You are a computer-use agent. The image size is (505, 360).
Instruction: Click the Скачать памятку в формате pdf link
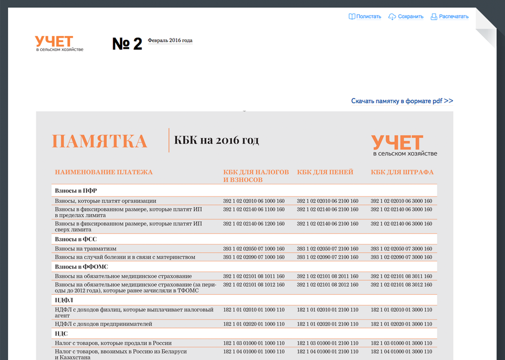pyautogui.click(x=402, y=101)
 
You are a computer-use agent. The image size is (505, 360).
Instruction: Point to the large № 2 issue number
pyautogui.click(x=127, y=44)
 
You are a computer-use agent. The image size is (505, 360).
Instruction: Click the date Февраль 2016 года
pyautogui.click(x=170, y=41)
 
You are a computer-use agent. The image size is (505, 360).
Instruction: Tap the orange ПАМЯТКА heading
pyautogui.click(x=99, y=142)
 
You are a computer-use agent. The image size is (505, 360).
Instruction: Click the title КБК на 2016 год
pyautogui.click(x=217, y=140)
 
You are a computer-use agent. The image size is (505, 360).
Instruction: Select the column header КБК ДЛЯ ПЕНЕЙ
pyautogui.click(x=325, y=173)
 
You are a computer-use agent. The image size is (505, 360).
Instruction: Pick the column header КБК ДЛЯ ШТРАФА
pyautogui.click(x=402, y=173)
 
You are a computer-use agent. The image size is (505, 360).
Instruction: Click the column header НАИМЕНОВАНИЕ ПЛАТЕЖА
pyautogui.click(x=104, y=173)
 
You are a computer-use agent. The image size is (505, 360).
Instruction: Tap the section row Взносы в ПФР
pyautogui.click(x=76, y=191)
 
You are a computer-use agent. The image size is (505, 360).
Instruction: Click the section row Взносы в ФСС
pyautogui.click(x=76, y=239)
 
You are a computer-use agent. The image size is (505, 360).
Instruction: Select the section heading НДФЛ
pyautogui.click(x=64, y=301)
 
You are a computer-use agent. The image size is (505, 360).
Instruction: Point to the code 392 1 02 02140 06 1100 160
pyautogui.click(x=254, y=209)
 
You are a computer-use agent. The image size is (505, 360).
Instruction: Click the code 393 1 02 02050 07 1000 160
pyautogui.click(x=254, y=249)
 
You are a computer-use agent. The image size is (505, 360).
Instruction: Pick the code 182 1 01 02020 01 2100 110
pyautogui.click(x=328, y=324)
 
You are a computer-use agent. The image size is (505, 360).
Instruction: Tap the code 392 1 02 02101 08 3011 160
pyautogui.click(x=401, y=276)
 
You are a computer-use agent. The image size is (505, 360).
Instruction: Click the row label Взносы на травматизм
pyautogui.click(x=85, y=249)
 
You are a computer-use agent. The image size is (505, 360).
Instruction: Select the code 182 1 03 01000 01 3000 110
pyautogui.click(x=401, y=343)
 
